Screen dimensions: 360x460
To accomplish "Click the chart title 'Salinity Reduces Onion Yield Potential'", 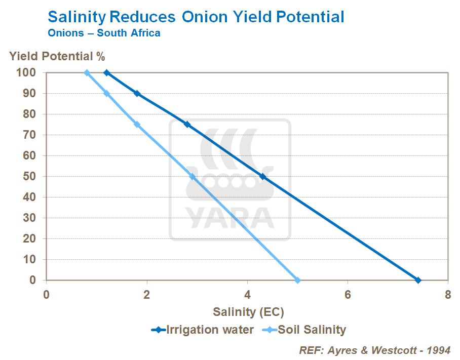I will pyautogui.click(x=196, y=17).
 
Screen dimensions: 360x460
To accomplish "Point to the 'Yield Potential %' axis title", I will pyautogui.click(x=57, y=56).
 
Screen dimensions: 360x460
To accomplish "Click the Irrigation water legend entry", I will pyautogui.click(x=202, y=330).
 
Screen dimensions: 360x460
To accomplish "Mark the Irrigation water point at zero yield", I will pyautogui.click(x=418, y=280).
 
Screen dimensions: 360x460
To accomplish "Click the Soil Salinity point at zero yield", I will pyautogui.click(x=297, y=280).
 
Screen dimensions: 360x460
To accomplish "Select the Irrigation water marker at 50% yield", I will pyautogui.click(x=262, y=176).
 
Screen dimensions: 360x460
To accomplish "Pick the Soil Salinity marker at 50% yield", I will pyautogui.click(x=192, y=176).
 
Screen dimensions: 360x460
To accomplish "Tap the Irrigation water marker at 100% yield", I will pyautogui.click(x=106, y=73).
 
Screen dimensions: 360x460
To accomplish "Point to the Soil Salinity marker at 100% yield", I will pyautogui.click(x=87, y=73).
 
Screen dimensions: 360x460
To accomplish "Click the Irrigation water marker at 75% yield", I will pyautogui.click(x=187, y=125).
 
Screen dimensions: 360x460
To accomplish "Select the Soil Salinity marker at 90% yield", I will pyautogui.click(x=106, y=93).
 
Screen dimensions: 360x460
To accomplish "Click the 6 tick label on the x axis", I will pyautogui.click(x=348, y=295).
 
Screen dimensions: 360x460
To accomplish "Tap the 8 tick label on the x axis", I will pyautogui.click(x=448, y=295).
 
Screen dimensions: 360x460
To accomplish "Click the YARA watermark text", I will pyautogui.click(x=231, y=216).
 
